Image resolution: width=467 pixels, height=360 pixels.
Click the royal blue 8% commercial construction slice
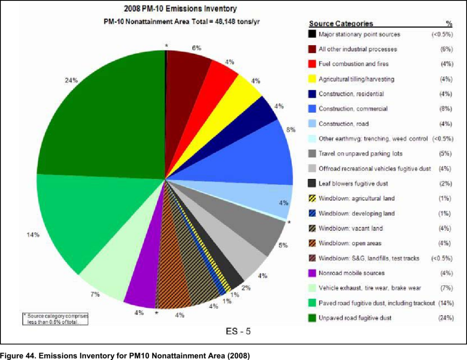point(255,155)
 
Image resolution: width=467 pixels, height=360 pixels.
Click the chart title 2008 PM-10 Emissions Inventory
point(181,9)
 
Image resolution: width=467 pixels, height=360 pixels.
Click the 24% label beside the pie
point(71,80)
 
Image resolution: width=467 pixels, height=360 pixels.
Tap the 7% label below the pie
point(95,294)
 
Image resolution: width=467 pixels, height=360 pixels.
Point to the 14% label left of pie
point(33,235)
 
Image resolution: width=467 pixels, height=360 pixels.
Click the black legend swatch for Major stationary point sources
point(312,34)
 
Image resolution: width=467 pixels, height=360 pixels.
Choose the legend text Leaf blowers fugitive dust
point(353,183)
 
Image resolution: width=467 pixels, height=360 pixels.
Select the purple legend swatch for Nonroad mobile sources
point(312,273)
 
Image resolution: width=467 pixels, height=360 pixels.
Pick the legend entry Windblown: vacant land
point(350,228)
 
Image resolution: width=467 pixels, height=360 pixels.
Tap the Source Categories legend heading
point(341,24)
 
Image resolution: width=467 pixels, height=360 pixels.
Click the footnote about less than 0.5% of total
point(56,318)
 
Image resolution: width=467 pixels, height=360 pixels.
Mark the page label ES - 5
point(238,331)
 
